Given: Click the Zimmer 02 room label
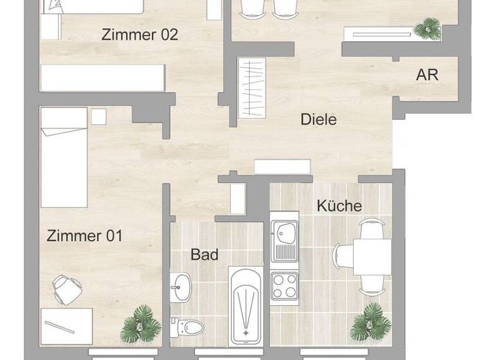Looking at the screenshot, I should pyautogui.click(x=140, y=35).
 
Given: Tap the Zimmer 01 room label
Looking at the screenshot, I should pyautogui.click(x=84, y=236).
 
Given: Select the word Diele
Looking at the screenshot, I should pyautogui.click(x=318, y=120).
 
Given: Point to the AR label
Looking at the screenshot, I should pyautogui.click(x=427, y=75).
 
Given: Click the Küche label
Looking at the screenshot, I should pyautogui.click(x=339, y=206).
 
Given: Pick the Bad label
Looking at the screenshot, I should pyautogui.click(x=205, y=255).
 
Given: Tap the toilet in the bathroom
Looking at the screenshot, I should pyautogui.click(x=191, y=328).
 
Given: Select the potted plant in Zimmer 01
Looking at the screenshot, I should pyautogui.click(x=140, y=323).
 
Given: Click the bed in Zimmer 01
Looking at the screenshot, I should pyautogui.click(x=64, y=157).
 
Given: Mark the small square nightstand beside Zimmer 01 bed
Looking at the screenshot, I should pyautogui.click(x=98, y=116).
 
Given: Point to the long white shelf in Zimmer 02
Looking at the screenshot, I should pyautogui.click(x=103, y=78).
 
